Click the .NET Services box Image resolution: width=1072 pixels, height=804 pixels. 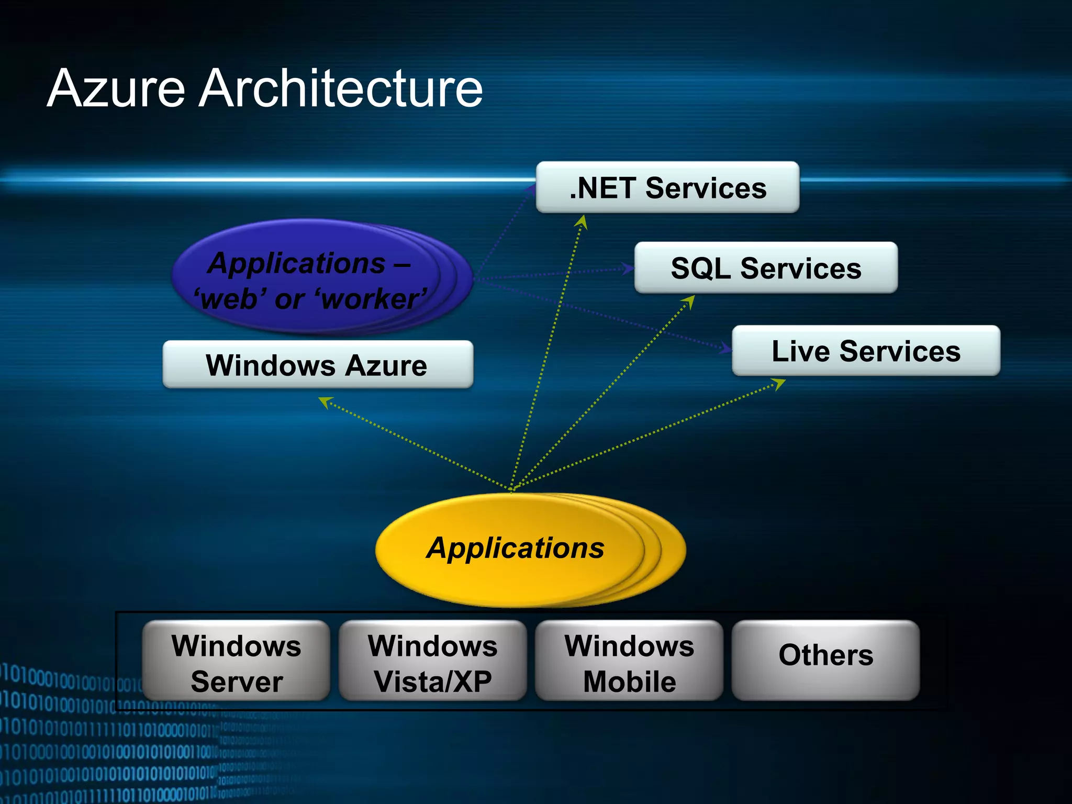click(x=667, y=187)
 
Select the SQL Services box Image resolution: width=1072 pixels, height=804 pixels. click(x=766, y=267)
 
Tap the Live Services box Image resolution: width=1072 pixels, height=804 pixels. click(x=866, y=351)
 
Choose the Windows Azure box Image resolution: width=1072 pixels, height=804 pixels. click(x=318, y=365)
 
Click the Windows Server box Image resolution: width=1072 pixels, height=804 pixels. click(x=237, y=661)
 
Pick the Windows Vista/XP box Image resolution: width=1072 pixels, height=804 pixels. click(x=433, y=661)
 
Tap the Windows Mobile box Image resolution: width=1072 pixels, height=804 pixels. click(x=629, y=661)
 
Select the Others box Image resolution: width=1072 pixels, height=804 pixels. click(x=825, y=661)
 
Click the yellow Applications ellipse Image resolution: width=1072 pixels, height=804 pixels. click(x=516, y=549)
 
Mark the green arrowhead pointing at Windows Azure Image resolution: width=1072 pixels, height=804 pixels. click(x=325, y=401)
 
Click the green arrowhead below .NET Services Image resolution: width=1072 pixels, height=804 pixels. click(x=582, y=222)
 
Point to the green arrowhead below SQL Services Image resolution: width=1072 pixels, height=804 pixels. click(x=689, y=301)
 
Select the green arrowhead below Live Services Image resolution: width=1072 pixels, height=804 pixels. click(x=779, y=384)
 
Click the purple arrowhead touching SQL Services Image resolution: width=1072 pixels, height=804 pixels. click(x=628, y=269)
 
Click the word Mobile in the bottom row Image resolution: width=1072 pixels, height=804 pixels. click(x=630, y=682)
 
